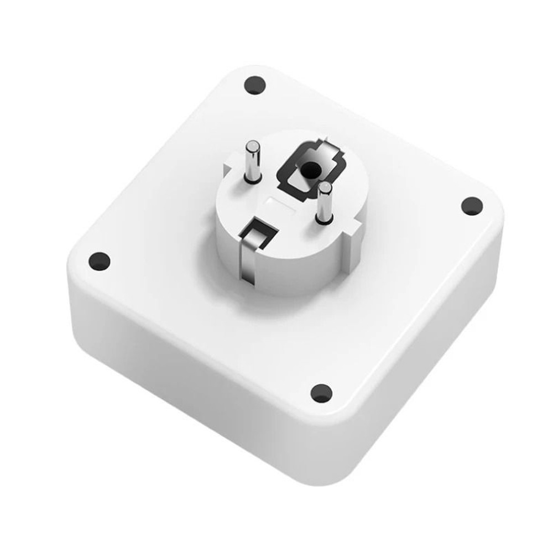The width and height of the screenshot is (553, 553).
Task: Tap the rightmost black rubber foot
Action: click(472, 206)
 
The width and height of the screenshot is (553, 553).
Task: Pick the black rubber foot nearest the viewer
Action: click(320, 393)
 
